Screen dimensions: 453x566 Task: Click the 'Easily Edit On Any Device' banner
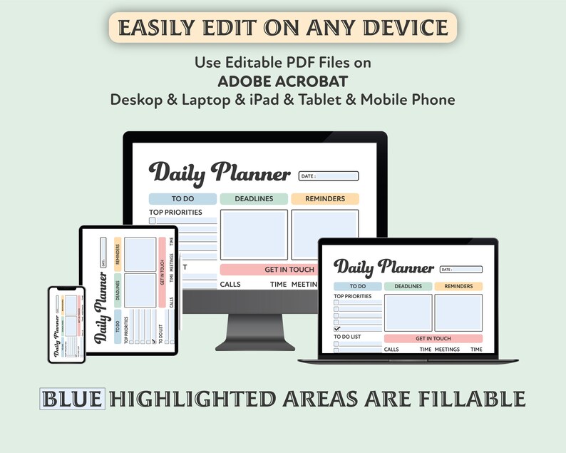point(283,27)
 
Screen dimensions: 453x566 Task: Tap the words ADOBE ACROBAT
point(283,81)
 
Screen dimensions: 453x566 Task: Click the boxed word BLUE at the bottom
point(72,399)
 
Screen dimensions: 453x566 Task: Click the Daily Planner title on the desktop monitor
point(220,173)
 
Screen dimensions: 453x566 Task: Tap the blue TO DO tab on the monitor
point(182,199)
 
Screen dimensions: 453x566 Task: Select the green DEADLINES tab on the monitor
point(254,199)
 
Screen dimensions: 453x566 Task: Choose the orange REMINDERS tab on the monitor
point(324,199)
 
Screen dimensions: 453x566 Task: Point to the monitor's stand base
point(254,346)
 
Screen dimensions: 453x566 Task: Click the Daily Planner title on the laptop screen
point(384,268)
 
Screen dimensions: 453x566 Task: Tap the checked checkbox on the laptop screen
point(336,329)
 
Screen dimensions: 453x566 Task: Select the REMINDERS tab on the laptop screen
point(458,286)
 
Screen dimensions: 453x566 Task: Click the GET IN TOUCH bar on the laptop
point(433,338)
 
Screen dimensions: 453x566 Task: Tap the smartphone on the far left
point(66,324)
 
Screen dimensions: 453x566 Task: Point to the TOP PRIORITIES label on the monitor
point(175,212)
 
